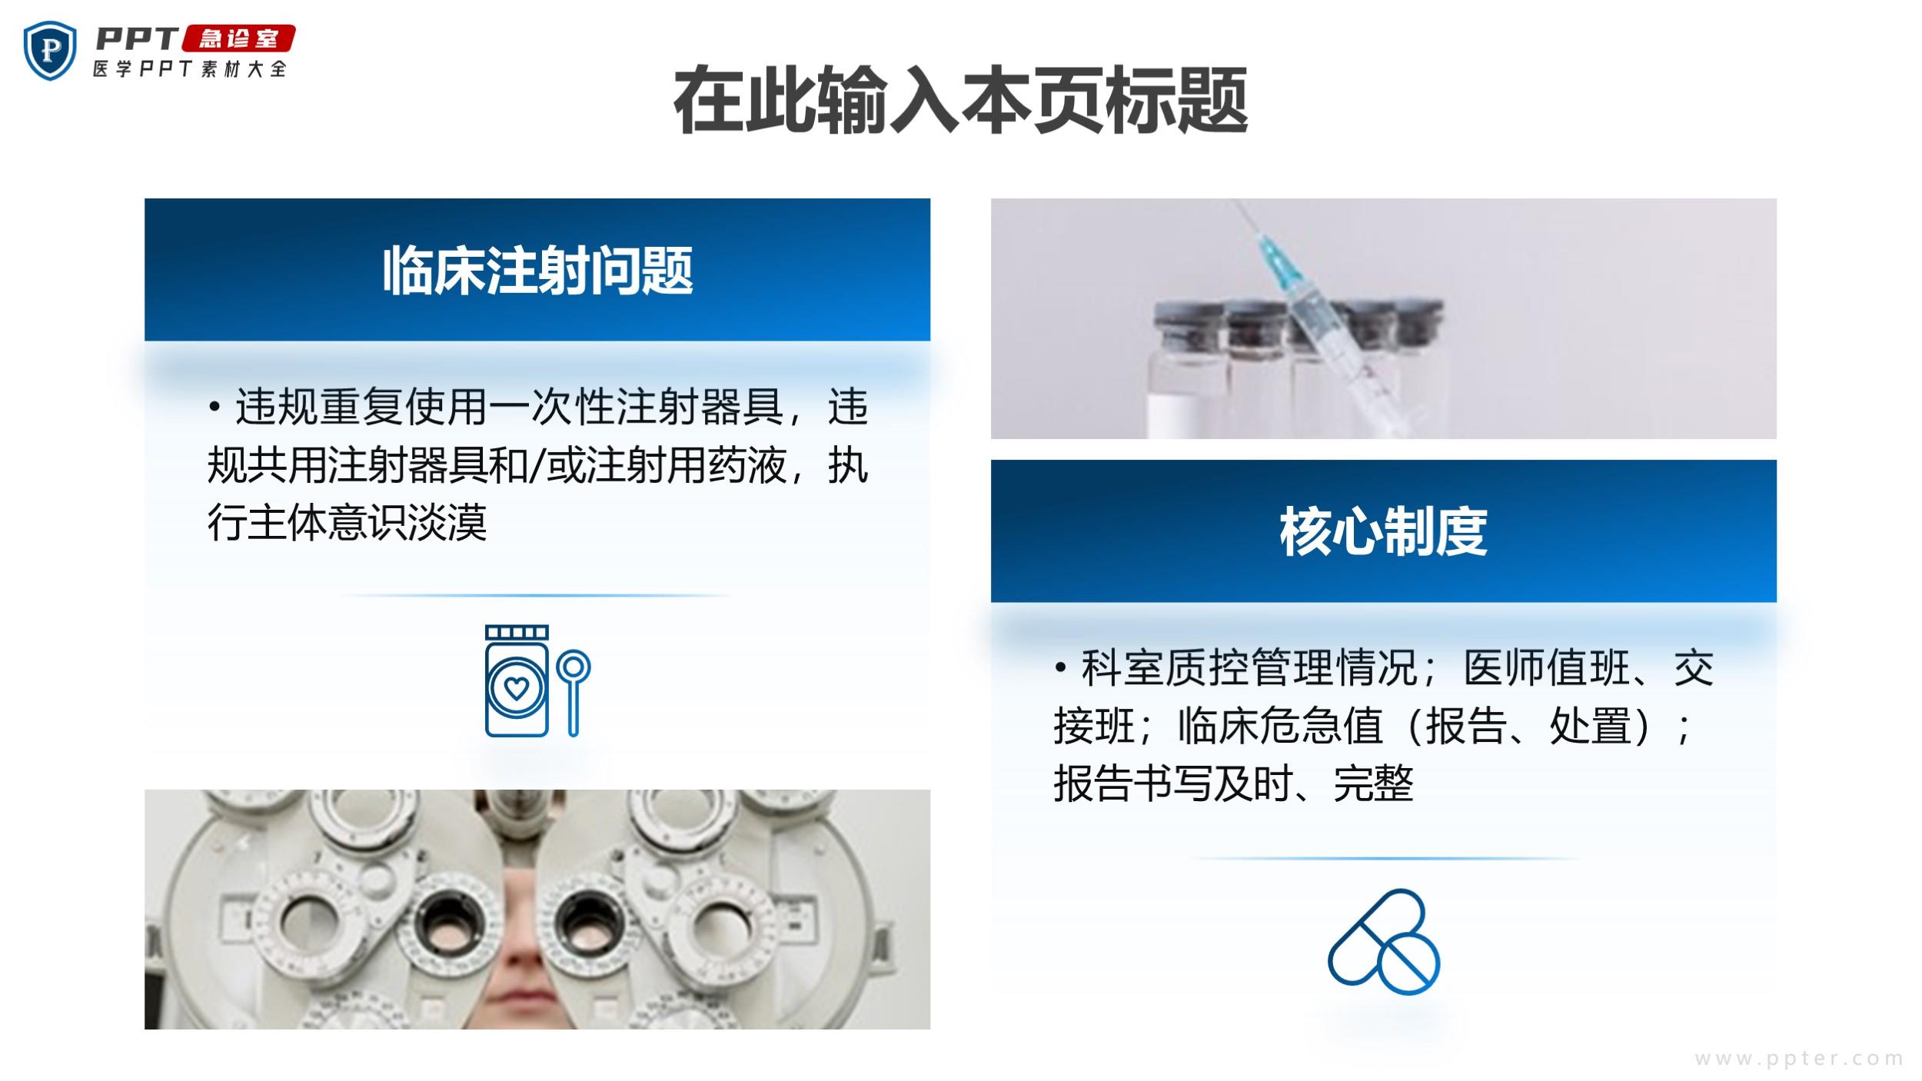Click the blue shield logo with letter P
[50, 51]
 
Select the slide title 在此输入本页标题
[960, 101]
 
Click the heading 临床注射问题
[537, 271]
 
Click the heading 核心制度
[1383, 532]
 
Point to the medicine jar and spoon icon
[537, 681]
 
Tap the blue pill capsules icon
[1384, 941]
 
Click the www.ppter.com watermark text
[1799, 1059]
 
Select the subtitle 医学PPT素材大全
[190, 69]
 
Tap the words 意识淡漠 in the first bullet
[407, 524]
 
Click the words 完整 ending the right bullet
[1373, 784]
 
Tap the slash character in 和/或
[537, 466]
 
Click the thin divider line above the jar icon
[537, 595]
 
